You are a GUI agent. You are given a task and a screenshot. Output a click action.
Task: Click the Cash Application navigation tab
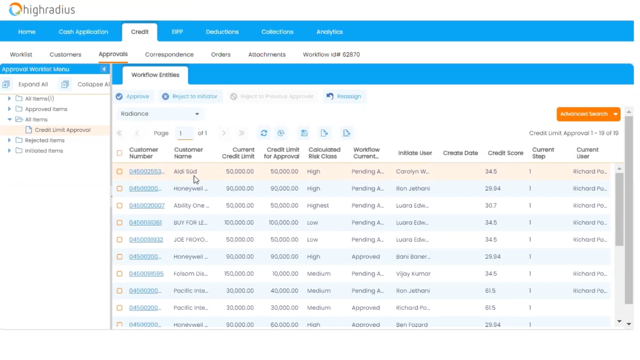pyautogui.click(x=83, y=32)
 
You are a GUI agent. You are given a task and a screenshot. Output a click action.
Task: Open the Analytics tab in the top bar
pyautogui.click(x=329, y=32)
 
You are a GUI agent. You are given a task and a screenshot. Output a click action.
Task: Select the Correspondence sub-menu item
pyautogui.click(x=169, y=54)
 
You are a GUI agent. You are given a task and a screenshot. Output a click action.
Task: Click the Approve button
pyautogui.click(x=133, y=97)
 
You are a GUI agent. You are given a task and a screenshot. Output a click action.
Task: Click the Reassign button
pyautogui.click(x=344, y=97)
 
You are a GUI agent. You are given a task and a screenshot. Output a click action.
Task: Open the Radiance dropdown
pyautogui.click(x=160, y=114)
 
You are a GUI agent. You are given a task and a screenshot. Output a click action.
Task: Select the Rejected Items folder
pyautogui.click(x=45, y=140)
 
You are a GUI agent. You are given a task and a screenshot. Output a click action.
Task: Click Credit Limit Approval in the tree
pyautogui.click(x=62, y=130)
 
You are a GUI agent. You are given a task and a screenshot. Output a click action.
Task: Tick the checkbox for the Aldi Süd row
pyautogui.click(x=119, y=172)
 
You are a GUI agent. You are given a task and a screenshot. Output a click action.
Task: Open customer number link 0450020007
pyautogui.click(x=147, y=206)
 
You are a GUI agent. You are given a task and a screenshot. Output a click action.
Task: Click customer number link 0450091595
pyautogui.click(x=146, y=274)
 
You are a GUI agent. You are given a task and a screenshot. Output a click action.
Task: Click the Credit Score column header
pyautogui.click(x=505, y=153)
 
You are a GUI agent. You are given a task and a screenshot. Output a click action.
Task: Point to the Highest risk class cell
pyautogui.click(x=318, y=206)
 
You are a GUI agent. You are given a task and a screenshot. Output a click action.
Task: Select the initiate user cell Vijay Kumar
pyautogui.click(x=413, y=274)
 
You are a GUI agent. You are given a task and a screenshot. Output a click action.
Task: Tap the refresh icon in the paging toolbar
pyautogui.click(x=264, y=133)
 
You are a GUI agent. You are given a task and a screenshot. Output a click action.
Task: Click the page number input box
pyautogui.click(x=185, y=133)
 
